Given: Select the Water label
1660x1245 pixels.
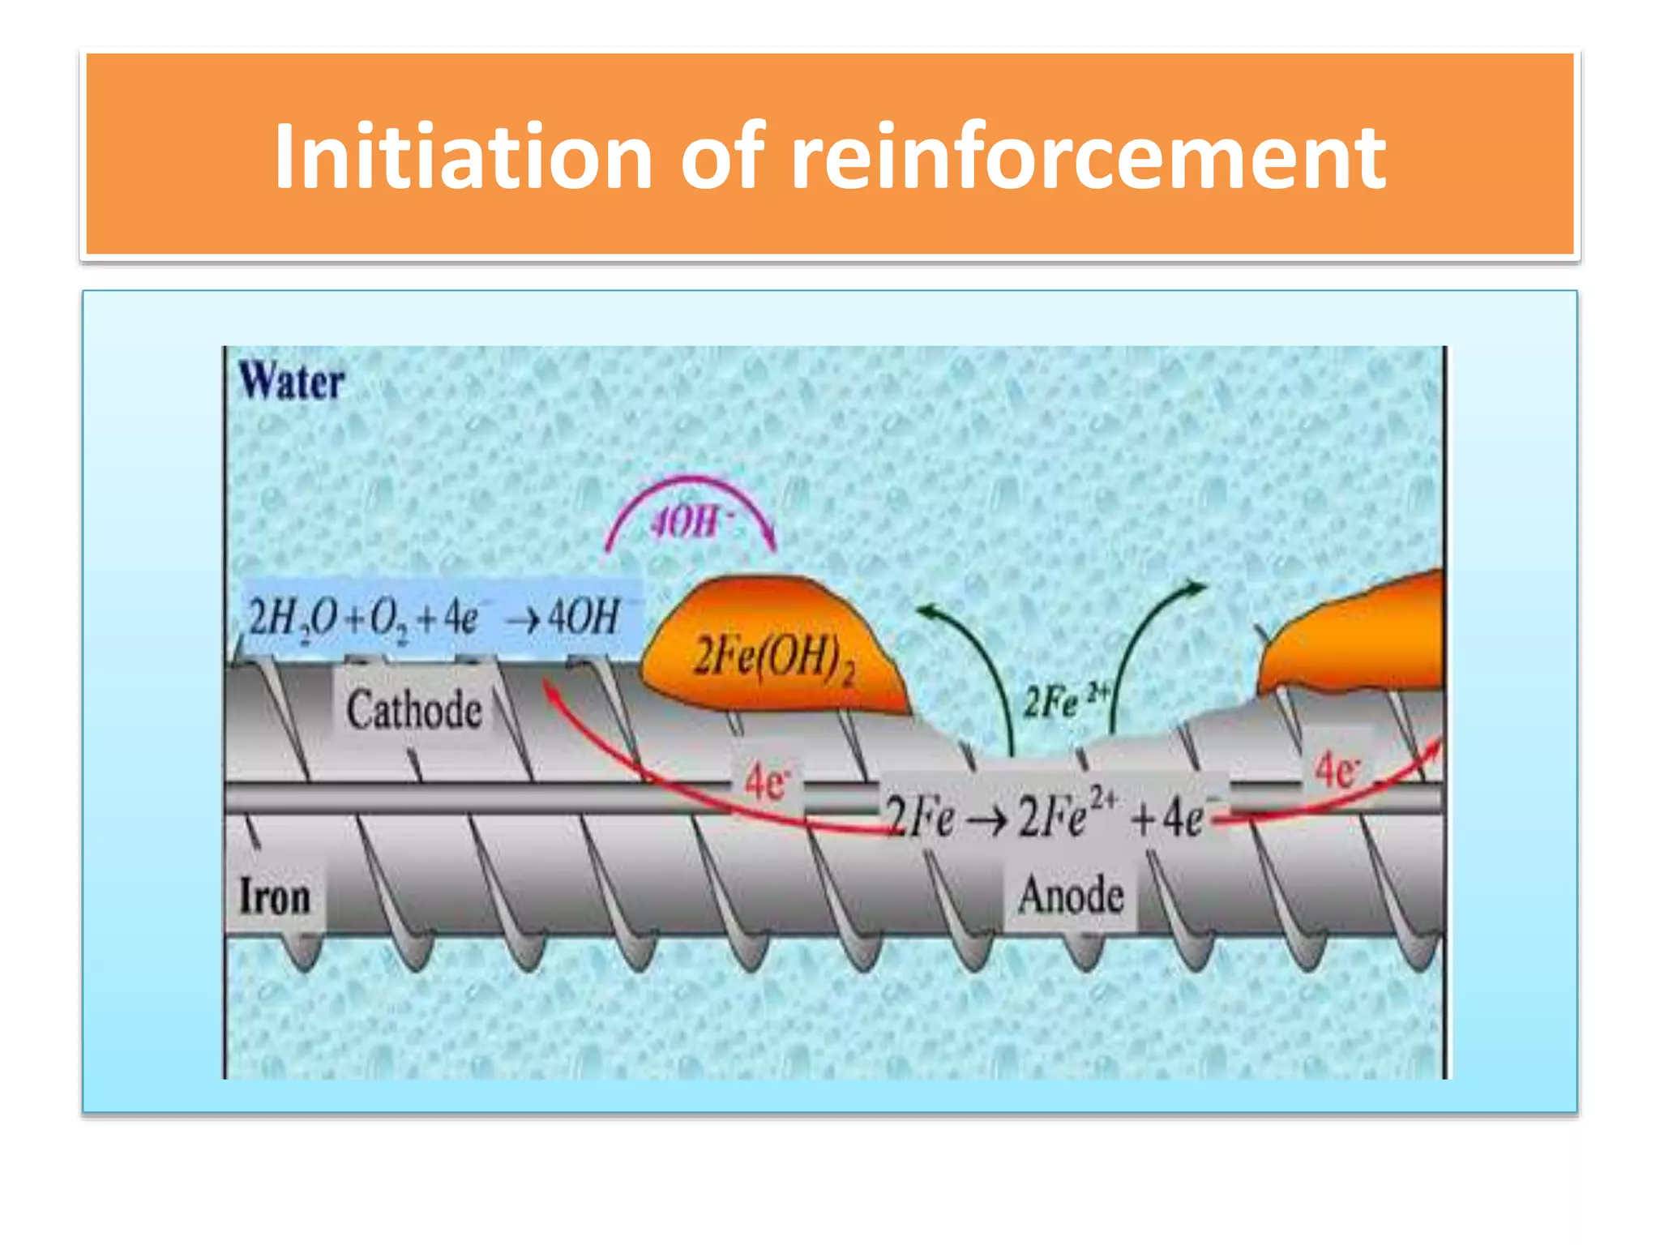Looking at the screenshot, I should [291, 382].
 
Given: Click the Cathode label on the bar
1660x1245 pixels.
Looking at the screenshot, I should [413, 709].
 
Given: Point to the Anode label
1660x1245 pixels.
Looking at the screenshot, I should [1070, 896].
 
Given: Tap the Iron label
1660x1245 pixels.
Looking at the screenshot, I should [275, 897].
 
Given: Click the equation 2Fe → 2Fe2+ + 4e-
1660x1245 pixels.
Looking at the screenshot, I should [1046, 816].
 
